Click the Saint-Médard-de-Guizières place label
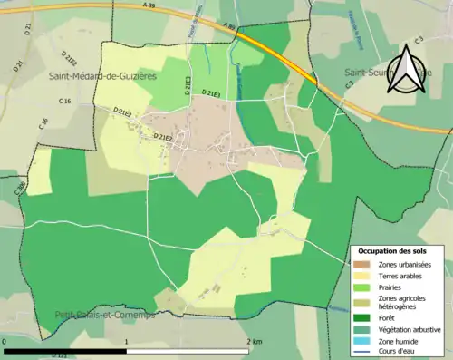[103, 77]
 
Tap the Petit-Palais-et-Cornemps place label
[104, 316]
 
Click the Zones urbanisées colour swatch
[362, 264]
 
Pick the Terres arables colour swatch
[362, 276]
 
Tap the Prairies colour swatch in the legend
[362, 287]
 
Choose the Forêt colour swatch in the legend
[362, 317]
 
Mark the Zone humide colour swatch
[362, 340]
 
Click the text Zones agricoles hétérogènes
[403, 302]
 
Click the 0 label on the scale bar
[6, 341]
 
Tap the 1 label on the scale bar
[126, 341]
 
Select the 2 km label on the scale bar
[253, 341]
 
